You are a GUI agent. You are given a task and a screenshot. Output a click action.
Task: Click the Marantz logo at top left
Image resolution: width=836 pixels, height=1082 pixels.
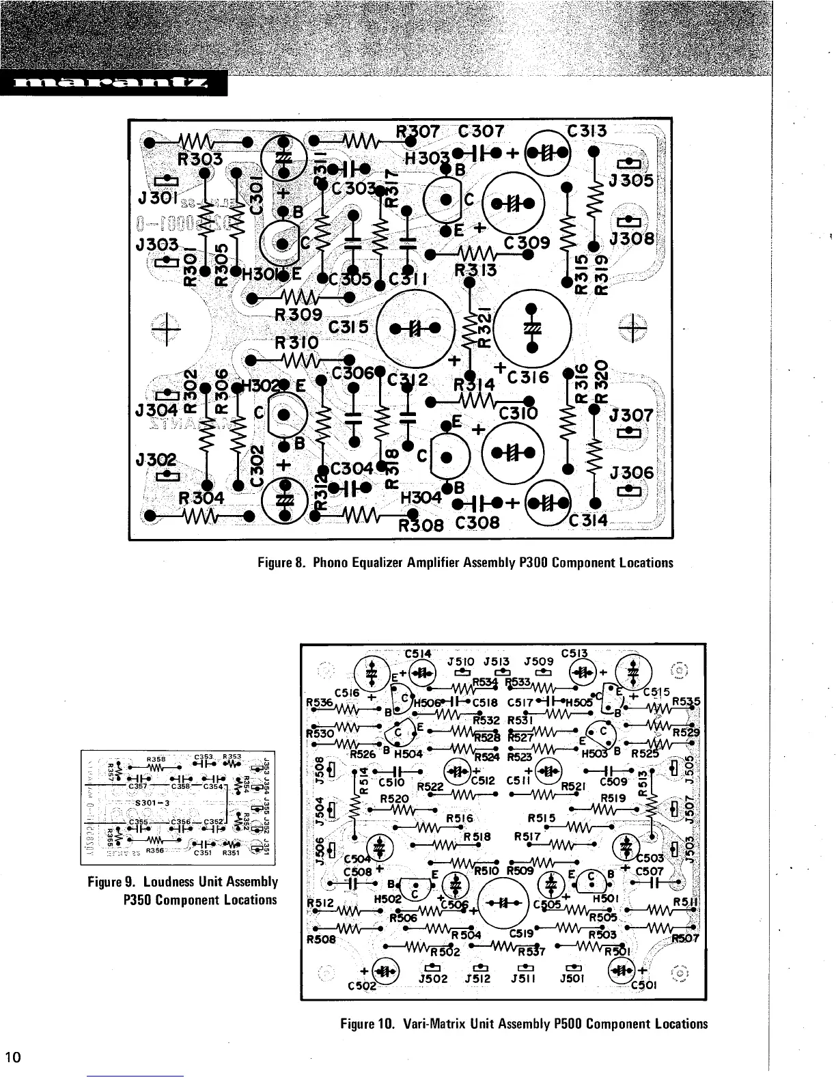[x=113, y=84]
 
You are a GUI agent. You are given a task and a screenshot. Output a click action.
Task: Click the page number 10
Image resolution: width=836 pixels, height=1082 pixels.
[x=14, y=1057]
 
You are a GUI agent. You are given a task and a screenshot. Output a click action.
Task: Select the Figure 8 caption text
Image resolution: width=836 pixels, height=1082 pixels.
[x=465, y=563]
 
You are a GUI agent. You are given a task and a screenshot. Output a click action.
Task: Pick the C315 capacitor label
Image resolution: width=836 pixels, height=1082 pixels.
[x=348, y=328]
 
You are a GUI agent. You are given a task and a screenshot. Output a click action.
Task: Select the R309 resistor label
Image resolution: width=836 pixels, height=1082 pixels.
[x=298, y=314]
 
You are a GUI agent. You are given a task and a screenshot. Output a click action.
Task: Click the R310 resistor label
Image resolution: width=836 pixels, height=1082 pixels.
[x=296, y=342]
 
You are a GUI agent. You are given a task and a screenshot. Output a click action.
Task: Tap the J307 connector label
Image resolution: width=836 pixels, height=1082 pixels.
[x=630, y=415]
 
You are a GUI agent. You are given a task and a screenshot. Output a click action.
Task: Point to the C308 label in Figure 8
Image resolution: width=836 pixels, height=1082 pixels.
[x=477, y=523]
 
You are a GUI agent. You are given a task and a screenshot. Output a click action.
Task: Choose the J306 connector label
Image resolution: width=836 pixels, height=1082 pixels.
[x=631, y=473]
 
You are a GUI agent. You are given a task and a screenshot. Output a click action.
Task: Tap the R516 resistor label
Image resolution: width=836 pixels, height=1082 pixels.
[x=460, y=818]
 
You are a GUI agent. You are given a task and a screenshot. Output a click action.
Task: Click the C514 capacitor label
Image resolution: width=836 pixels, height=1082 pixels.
[x=418, y=653]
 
